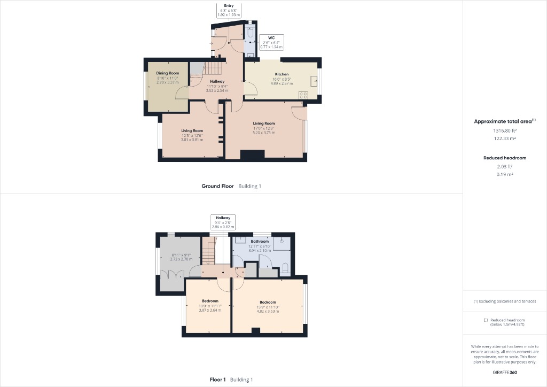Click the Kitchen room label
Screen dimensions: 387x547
pos(282,74)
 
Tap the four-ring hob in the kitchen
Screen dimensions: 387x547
pos(303,95)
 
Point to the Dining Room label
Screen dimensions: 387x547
pos(167,73)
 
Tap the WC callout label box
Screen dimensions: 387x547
pos(271,42)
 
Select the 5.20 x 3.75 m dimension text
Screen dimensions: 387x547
pos(264,133)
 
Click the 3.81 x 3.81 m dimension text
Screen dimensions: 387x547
pos(192,140)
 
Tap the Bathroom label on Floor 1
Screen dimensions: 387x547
pos(260,241)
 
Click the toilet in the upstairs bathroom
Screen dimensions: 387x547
pos(286,267)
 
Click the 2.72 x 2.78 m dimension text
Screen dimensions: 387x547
pos(181,259)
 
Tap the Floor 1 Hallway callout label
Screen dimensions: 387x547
pos(223,222)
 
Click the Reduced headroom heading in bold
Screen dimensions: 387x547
pos(505,158)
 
